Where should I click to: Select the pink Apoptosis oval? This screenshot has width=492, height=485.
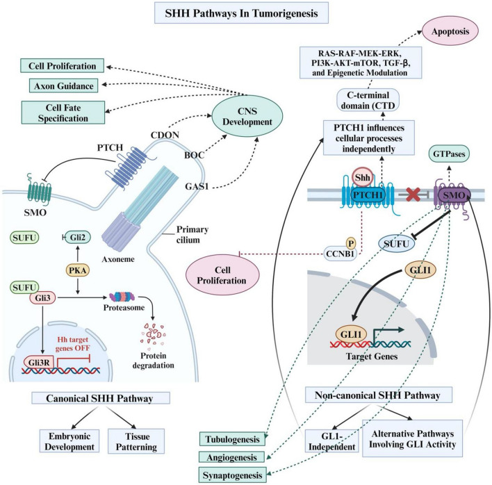(450, 31)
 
